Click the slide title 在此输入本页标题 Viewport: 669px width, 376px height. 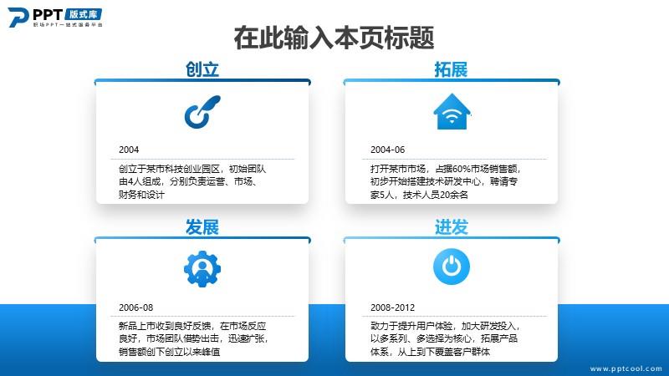334,38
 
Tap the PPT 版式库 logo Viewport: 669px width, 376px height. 55,18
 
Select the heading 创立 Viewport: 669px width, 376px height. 202,69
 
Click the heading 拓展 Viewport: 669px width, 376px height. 451,69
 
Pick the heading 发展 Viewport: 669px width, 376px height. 202,227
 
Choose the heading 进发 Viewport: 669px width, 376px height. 451,227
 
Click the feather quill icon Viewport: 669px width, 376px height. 202,112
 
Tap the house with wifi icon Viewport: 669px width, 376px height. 452,112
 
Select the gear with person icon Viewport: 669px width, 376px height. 202,269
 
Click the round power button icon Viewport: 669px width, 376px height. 452,267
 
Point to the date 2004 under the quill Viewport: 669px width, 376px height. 129,150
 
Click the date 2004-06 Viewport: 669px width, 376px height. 387,150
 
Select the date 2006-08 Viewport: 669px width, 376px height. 135,307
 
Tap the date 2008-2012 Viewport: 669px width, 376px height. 392,307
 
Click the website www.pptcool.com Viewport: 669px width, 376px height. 626,368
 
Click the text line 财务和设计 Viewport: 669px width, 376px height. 141,195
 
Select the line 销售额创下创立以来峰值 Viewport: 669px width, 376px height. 170,352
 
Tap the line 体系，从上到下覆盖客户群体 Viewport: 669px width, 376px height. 430,352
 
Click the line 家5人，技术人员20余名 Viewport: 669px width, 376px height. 419,195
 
